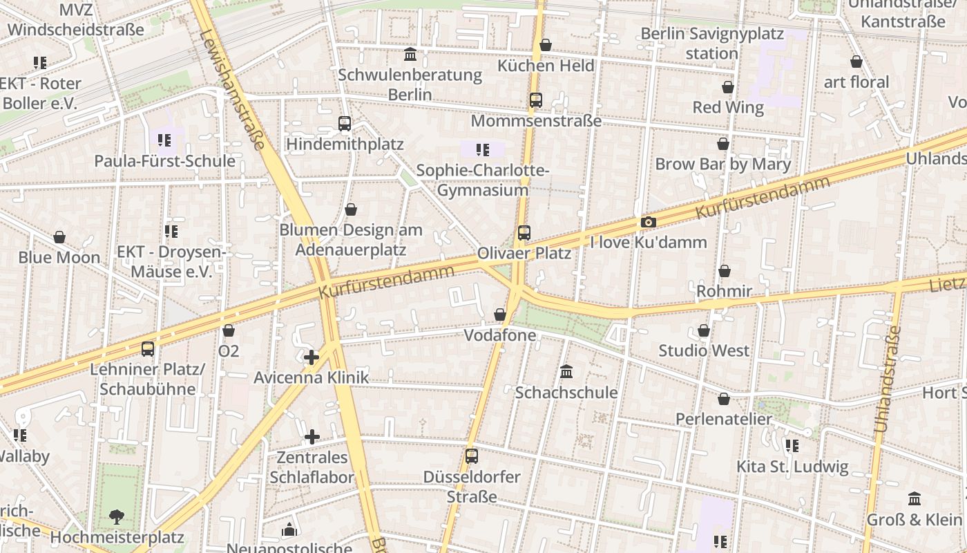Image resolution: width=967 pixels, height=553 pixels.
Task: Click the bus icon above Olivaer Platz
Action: coord(524,233)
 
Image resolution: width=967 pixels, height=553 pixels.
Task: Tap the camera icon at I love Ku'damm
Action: coord(648,222)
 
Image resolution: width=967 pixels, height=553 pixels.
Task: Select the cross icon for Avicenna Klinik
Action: coord(312,357)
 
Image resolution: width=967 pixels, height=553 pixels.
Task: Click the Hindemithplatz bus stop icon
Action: coord(345,124)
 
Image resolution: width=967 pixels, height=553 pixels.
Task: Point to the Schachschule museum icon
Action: coord(566,372)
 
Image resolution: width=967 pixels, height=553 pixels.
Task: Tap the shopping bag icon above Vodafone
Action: coord(500,315)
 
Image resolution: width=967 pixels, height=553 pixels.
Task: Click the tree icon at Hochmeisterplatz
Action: coord(117,516)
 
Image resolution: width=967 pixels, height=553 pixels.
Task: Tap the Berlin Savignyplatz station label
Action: coord(712,43)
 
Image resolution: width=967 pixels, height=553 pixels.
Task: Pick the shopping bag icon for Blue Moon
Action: coord(59,237)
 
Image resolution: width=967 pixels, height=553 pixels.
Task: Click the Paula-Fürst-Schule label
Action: coord(164,161)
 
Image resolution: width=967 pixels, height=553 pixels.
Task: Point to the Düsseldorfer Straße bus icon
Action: coord(472,456)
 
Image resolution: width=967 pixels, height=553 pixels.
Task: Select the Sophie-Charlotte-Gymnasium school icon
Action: coord(483,149)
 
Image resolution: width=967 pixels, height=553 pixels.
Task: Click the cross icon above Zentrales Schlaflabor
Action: coord(312,437)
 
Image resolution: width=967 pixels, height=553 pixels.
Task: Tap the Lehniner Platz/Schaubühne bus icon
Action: coord(148,348)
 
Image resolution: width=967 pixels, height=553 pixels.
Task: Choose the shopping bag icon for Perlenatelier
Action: coord(724,399)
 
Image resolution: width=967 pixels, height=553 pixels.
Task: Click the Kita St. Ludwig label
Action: coord(792,466)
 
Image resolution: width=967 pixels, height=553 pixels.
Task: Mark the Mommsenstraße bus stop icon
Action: coord(536,100)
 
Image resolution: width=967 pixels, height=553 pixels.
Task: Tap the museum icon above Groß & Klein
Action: coord(915,498)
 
